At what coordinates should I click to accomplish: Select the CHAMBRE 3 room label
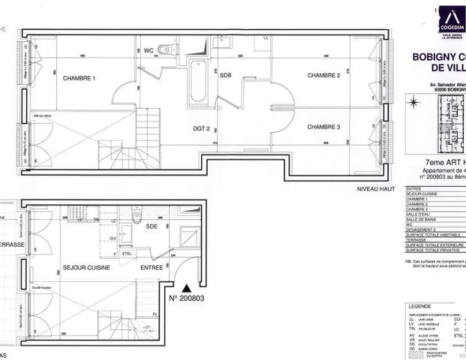click(323, 127)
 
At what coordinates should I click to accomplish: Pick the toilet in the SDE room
click(137, 217)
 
